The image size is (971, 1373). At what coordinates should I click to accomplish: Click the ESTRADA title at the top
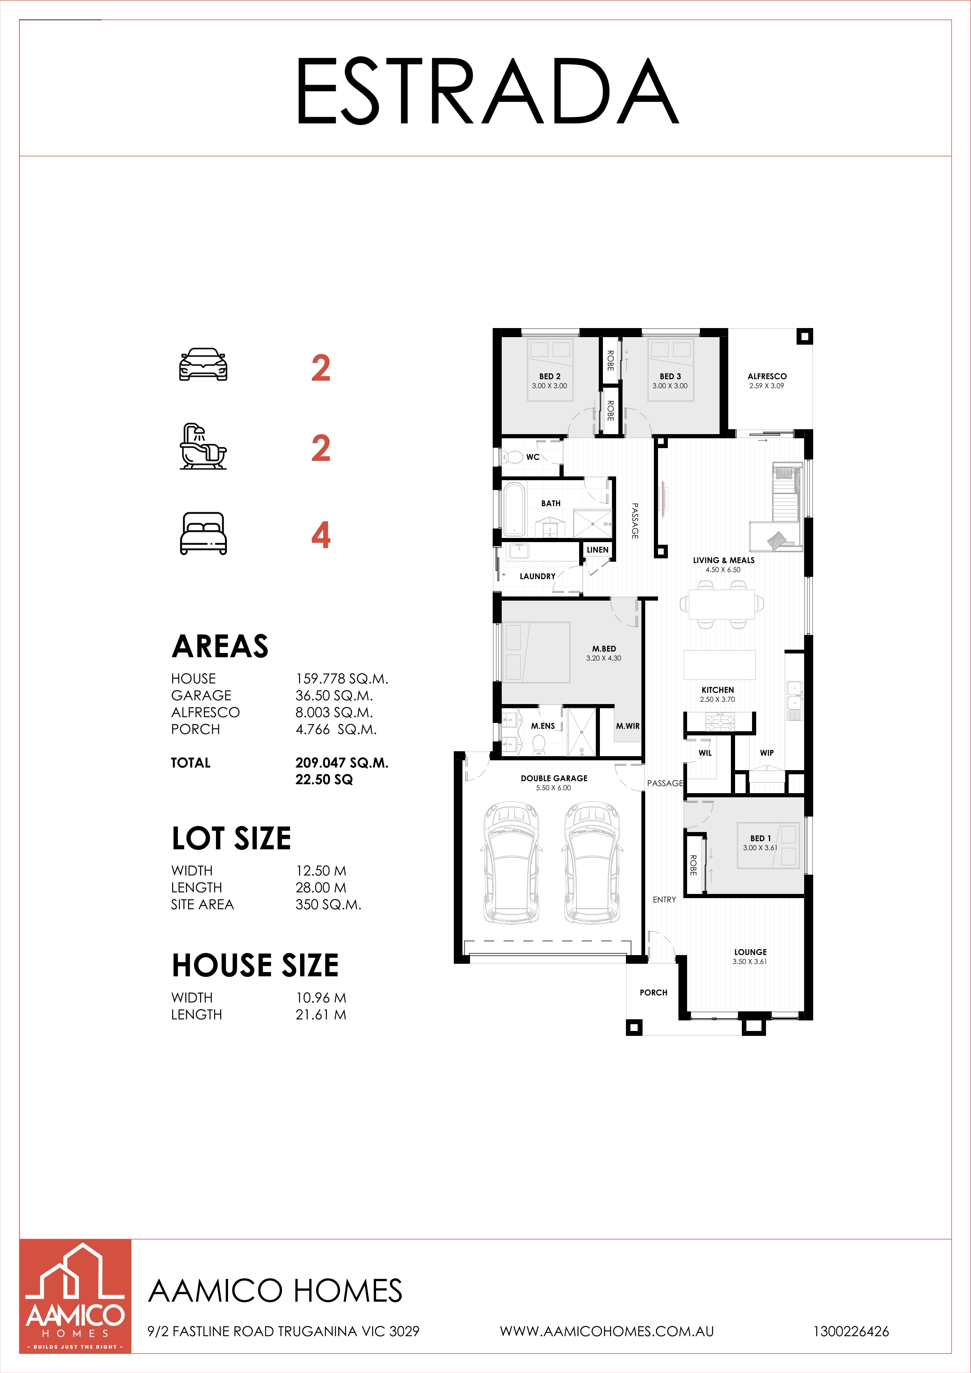[x=487, y=91]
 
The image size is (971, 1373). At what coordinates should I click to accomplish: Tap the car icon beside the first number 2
[x=203, y=364]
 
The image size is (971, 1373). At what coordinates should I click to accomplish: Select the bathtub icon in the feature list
[x=203, y=447]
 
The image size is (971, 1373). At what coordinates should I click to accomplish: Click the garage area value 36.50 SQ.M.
[x=334, y=695]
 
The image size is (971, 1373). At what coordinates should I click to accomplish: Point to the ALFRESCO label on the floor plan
[x=767, y=376]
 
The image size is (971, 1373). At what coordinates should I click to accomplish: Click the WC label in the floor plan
[x=533, y=457]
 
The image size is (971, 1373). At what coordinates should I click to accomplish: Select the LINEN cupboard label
[x=597, y=550]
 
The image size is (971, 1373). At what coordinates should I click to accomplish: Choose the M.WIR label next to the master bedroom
[x=628, y=726]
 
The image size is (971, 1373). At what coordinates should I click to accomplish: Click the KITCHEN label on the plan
[x=717, y=689]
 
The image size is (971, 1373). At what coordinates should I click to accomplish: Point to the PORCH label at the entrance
[x=653, y=992]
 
